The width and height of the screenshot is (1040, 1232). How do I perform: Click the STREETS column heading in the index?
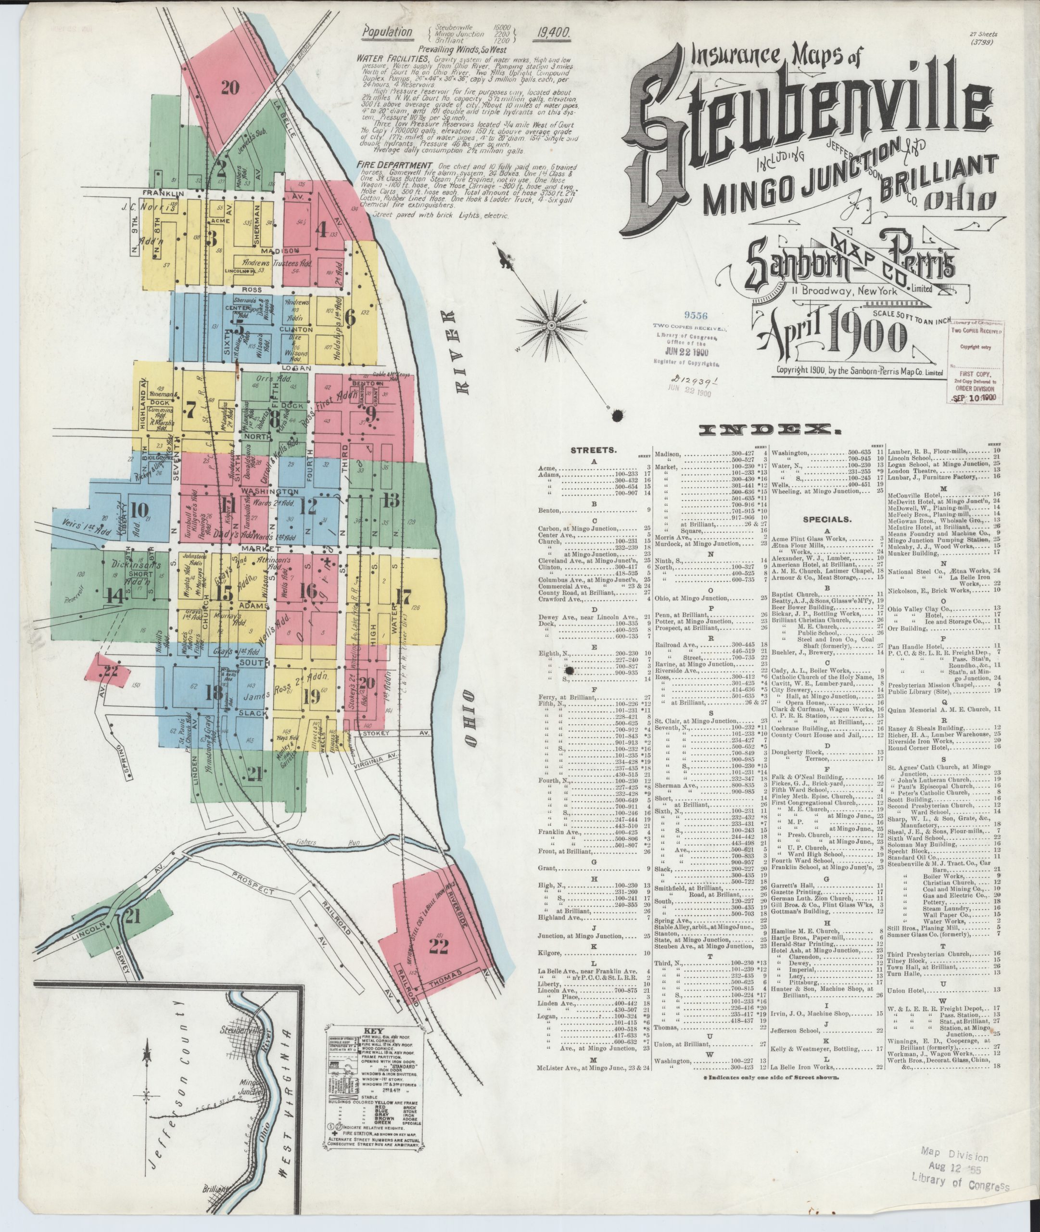(x=593, y=450)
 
